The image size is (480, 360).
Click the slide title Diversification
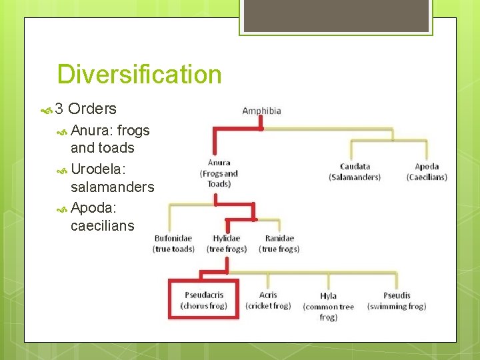click(x=139, y=74)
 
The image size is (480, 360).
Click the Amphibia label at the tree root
click(x=261, y=111)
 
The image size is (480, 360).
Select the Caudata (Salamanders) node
click(x=354, y=172)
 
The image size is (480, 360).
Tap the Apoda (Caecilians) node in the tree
click(x=427, y=172)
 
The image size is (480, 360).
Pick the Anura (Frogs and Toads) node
click(x=219, y=173)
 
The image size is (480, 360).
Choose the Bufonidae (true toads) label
click(x=173, y=243)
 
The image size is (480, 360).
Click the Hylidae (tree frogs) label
click(x=227, y=243)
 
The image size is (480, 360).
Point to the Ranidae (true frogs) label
click(x=279, y=243)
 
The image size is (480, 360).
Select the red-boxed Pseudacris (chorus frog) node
click(x=203, y=300)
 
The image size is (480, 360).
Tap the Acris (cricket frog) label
click(x=268, y=300)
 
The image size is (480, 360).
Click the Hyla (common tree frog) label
click(x=328, y=306)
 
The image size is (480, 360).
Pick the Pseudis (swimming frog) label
click(x=397, y=301)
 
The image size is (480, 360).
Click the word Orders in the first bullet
click(x=92, y=109)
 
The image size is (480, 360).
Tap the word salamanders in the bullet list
click(x=112, y=187)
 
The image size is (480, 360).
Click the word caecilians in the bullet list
click(x=102, y=226)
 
